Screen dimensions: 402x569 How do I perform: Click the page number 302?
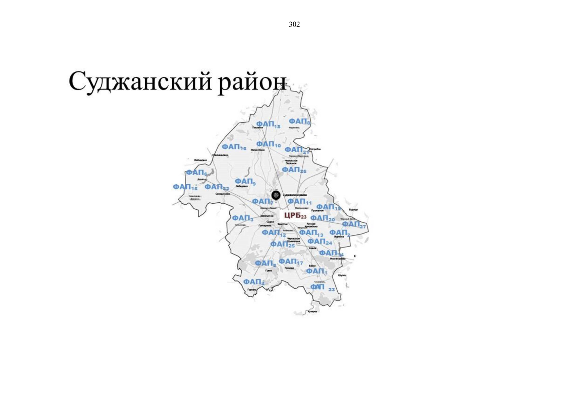(294, 24)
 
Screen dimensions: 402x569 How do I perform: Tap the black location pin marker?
(276, 195)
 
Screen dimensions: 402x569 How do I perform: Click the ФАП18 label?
(268, 124)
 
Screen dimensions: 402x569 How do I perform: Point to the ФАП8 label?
(299, 121)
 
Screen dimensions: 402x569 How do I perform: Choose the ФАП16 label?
(234, 147)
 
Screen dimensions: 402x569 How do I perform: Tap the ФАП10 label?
(268, 144)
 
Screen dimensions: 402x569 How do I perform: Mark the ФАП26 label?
(294, 170)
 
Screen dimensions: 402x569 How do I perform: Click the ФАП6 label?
(196, 173)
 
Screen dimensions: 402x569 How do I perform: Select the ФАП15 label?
(185, 187)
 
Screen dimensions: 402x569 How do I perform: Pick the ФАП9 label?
(245, 182)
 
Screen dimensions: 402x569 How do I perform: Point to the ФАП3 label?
(242, 218)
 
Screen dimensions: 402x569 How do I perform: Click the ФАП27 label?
(354, 224)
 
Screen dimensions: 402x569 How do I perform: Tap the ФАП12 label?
(274, 233)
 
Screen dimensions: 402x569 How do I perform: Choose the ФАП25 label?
(282, 245)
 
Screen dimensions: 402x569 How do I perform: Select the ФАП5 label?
(266, 264)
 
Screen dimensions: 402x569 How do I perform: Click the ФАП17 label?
(290, 262)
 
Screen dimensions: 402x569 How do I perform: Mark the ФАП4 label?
(253, 282)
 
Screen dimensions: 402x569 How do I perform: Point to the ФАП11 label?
(299, 202)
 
